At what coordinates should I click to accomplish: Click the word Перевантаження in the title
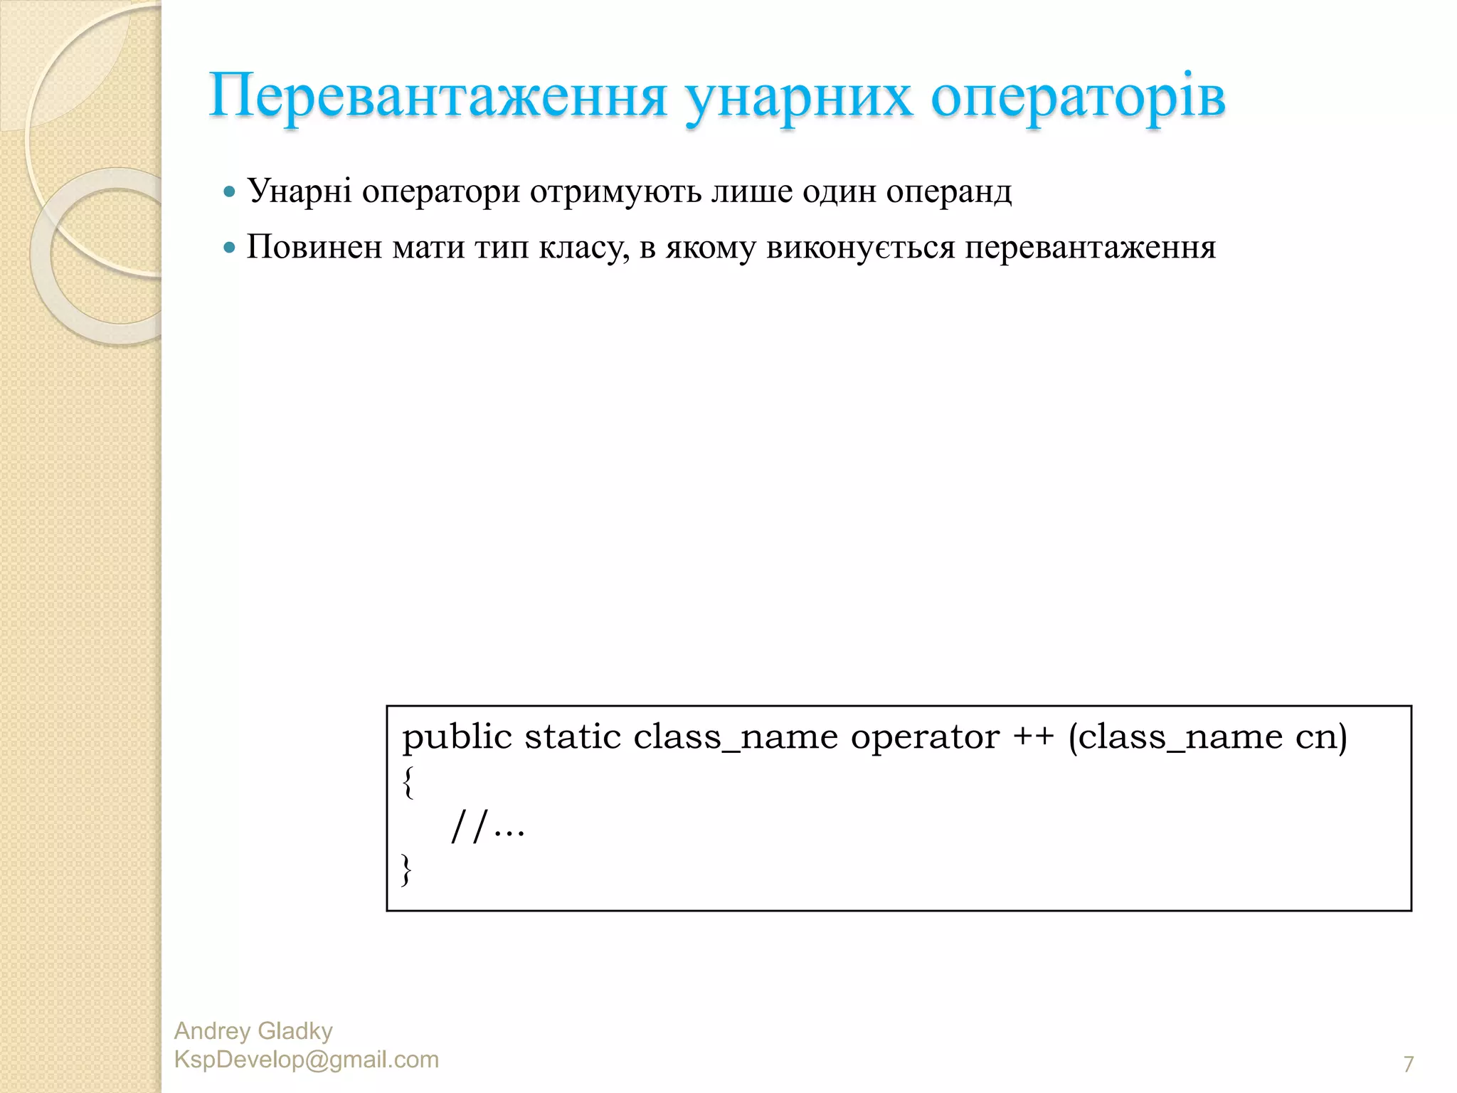(x=438, y=96)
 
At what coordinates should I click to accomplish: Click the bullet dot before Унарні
(x=229, y=191)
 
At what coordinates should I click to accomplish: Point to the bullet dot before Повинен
(x=229, y=248)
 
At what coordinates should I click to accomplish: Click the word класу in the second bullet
(x=584, y=247)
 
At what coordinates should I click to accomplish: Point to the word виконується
(x=861, y=247)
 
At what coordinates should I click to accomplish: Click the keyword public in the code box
(x=457, y=736)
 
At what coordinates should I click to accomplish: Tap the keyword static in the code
(x=573, y=736)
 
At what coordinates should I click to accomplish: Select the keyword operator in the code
(x=925, y=736)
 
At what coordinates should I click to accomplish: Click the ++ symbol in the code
(x=1034, y=736)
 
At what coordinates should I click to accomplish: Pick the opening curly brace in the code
(x=408, y=782)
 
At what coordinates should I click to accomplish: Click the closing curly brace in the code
(x=406, y=870)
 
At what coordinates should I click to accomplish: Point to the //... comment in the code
(x=488, y=827)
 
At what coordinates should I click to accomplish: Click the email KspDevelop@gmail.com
(x=307, y=1060)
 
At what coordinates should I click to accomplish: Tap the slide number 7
(x=1408, y=1064)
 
